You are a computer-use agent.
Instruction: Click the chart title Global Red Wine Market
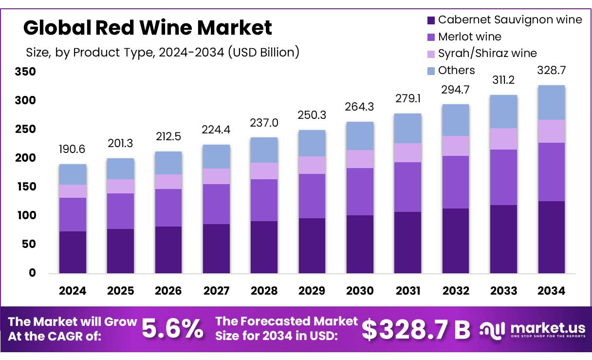[148, 28]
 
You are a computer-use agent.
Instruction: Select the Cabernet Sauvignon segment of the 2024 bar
[73, 252]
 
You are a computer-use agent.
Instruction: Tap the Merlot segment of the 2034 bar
[551, 171]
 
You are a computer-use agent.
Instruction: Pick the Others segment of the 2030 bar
[360, 136]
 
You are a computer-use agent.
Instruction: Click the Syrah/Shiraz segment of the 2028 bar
[264, 171]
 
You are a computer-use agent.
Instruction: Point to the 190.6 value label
[73, 150]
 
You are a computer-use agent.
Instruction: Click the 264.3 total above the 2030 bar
[360, 106]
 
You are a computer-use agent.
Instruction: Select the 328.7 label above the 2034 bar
[551, 70]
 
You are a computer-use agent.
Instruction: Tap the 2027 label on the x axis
[217, 291]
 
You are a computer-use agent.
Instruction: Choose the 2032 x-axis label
[456, 291]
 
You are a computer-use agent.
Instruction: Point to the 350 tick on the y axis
[26, 72]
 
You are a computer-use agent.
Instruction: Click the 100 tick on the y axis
[26, 215]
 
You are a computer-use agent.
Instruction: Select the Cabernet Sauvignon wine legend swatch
[430, 20]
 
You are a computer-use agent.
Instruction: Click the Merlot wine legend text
[469, 37]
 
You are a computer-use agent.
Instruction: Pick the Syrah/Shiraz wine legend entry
[487, 53]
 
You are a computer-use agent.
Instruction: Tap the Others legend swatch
[430, 71]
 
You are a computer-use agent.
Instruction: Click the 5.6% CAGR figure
[173, 329]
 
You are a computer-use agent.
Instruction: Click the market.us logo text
[538, 326]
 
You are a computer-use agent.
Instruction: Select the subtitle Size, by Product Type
[162, 52]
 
